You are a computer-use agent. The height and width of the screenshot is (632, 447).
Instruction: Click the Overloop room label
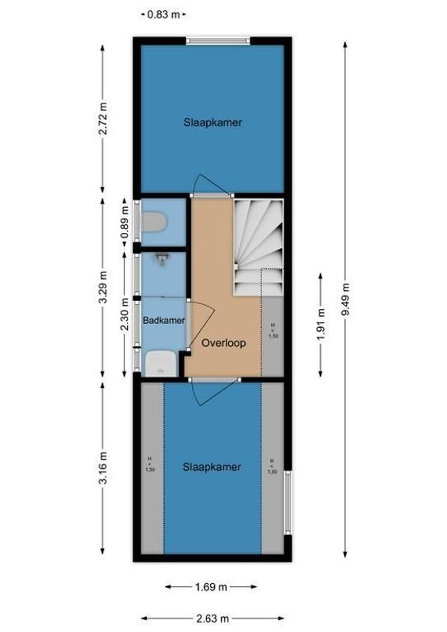click(x=223, y=344)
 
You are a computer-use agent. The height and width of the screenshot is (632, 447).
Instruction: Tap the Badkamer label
click(x=164, y=320)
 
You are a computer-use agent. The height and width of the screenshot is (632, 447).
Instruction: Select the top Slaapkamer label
click(x=212, y=122)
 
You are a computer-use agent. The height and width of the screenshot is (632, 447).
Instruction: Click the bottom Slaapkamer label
click(x=212, y=467)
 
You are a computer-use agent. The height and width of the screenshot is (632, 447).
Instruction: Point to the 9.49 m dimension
click(x=345, y=299)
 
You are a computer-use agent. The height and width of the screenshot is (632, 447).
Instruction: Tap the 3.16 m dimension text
click(x=103, y=468)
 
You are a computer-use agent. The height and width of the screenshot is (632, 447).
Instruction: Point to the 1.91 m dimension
click(x=320, y=325)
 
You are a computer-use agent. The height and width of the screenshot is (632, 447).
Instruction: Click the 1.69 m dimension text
click(x=211, y=587)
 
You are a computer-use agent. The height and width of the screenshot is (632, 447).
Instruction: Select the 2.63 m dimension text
click(x=211, y=619)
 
